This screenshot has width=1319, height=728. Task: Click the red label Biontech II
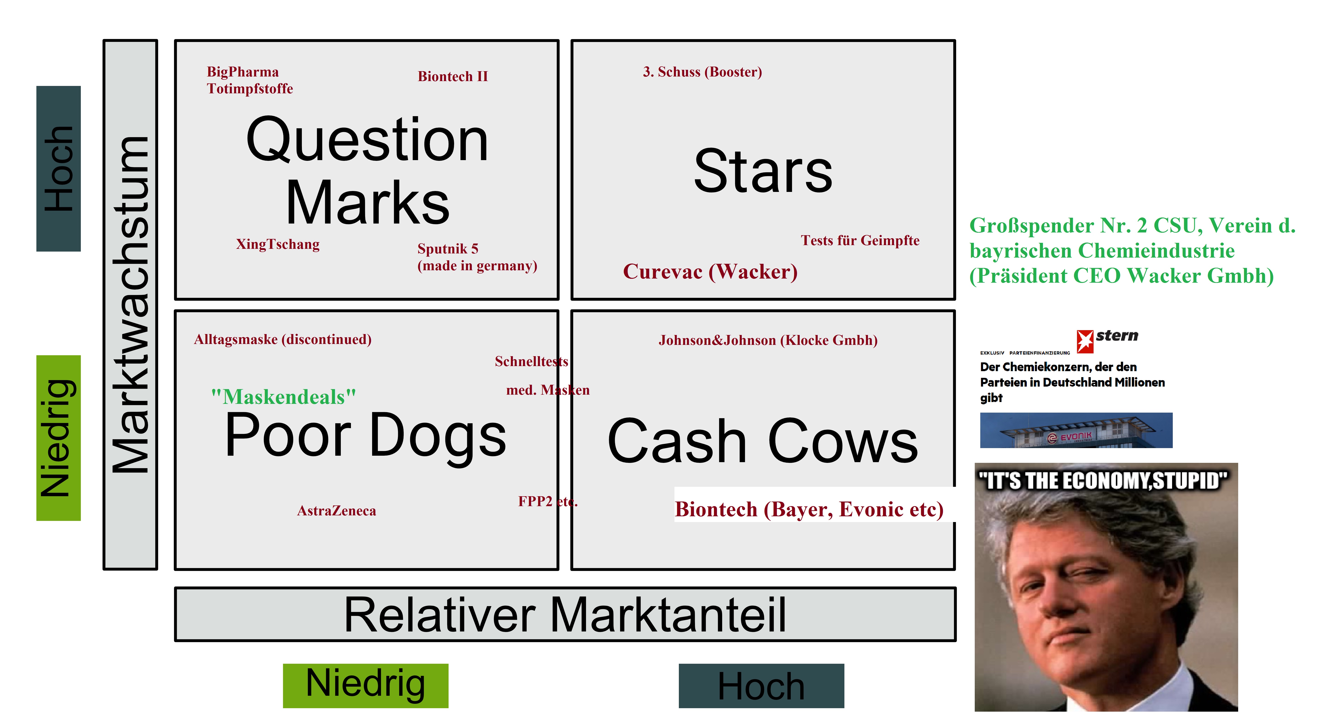click(x=453, y=76)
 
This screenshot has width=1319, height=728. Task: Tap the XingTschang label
click(x=277, y=244)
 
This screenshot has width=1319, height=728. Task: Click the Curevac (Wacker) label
click(x=710, y=272)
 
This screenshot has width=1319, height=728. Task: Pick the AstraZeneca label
click(x=336, y=511)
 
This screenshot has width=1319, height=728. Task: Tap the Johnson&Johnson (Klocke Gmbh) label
click(x=768, y=340)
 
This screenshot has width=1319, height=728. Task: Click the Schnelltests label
click(x=531, y=362)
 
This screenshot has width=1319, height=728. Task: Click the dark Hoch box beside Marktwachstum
click(x=58, y=169)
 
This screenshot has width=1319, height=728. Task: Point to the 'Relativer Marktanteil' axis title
click(x=565, y=615)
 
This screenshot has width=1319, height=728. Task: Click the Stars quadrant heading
click(x=763, y=171)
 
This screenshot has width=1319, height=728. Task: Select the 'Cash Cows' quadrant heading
click(x=763, y=440)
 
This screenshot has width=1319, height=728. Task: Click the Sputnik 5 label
click(x=448, y=249)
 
